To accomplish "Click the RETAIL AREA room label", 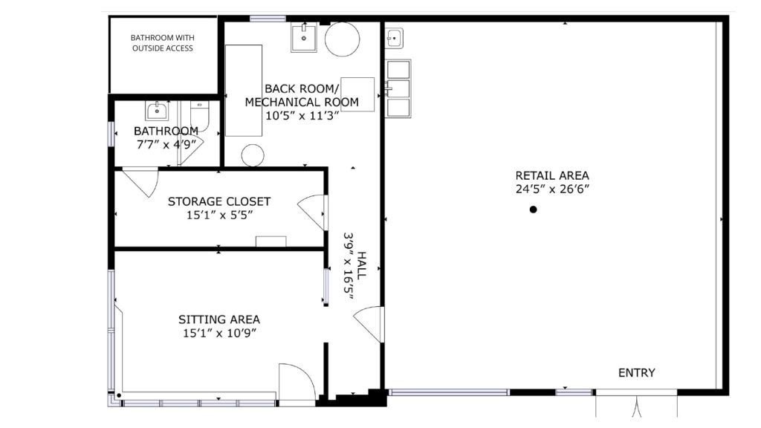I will pyautogui.click(x=552, y=175).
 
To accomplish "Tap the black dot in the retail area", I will pyautogui.click(x=533, y=210).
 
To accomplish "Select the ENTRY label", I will pyautogui.click(x=637, y=373).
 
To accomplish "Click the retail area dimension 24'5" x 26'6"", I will pyautogui.click(x=552, y=189).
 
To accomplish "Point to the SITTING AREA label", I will pyautogui.click(x=219, y=320).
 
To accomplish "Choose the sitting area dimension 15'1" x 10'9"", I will pyautogui.click(x=219, y=334).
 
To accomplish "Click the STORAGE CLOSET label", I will pyautogui.click(x=219, y=201).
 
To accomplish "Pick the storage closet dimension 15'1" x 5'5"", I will pyautogui.click(x=219, y=215).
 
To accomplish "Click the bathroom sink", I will pyautogui.click(x=157, y=111).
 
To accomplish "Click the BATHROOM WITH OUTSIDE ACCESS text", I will pyautogui.click(x=162, y=42).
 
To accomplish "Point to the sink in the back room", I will pyautogui.click(x=304, y=37).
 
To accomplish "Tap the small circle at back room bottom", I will pyautogui.click(x=253, y=155).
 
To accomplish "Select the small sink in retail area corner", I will pyautogui.click(x=394, y=37).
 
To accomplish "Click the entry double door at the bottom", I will pyautogui.click(x=637, y=406).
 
